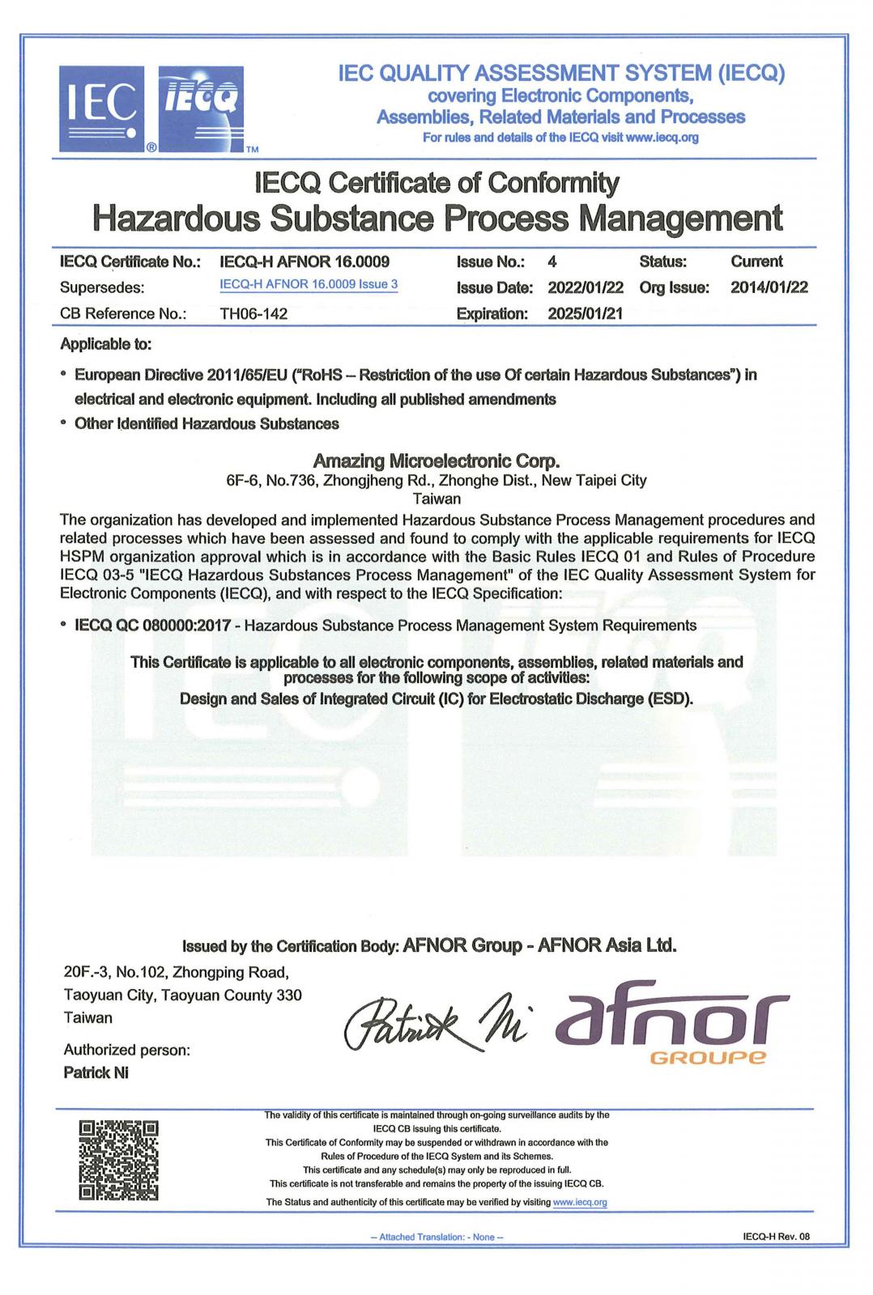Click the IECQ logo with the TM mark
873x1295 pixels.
point(201,109)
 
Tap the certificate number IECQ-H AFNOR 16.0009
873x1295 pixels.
point(304,261)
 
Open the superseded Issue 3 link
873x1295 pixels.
point(309,284)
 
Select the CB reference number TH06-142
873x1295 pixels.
point(253,314)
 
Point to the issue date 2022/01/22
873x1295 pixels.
point(585,287)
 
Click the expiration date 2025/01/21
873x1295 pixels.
point(585,313)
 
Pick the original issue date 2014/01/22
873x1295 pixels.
point(769,287)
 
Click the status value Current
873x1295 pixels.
point(756,261)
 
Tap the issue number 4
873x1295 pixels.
point(552,261)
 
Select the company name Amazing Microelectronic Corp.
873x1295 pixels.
point(436,461)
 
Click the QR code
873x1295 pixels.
point(118,1160)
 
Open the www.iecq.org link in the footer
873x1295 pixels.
point(579,1202)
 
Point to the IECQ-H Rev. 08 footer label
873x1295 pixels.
point(775,1237)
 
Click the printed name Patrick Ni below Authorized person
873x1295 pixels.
point(96,1073)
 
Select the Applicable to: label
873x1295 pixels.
point(105,344)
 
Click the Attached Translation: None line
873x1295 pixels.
point(436,1237)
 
